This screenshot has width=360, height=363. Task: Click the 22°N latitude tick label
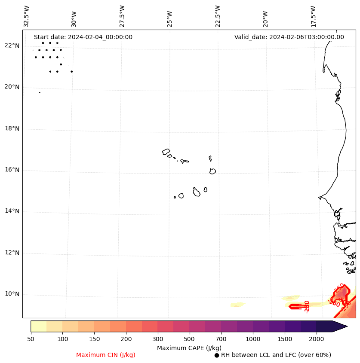11,46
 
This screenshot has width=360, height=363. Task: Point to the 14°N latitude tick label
11,211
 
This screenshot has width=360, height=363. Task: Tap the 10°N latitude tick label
11,294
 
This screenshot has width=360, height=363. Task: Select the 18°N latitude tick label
11,128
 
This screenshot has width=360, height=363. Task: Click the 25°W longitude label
170,16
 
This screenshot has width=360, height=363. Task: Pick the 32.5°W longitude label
27,16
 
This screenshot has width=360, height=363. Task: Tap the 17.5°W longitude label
313,16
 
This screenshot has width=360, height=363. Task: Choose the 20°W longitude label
265,16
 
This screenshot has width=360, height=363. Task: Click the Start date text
83,37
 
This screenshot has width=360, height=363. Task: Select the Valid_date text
289,37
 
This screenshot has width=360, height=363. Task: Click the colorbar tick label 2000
317,339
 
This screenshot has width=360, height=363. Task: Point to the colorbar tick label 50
31,339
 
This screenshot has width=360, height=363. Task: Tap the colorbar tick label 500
189,339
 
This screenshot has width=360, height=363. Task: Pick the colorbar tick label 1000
253,339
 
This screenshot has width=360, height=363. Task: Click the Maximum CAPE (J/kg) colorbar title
189,348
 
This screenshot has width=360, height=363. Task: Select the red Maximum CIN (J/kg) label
106,355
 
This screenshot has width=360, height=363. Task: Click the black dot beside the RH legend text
217,355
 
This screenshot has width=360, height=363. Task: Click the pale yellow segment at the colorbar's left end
38,326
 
